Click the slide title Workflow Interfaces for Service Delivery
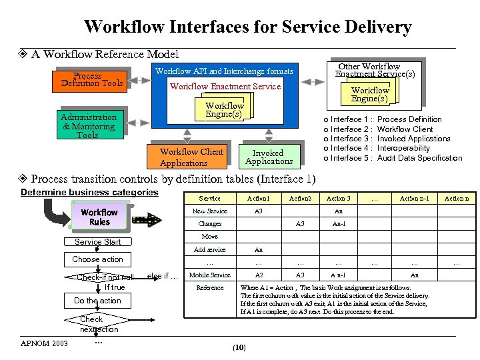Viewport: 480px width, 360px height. [x=247, y=27]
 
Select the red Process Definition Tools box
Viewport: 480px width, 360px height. [x=92, y=79]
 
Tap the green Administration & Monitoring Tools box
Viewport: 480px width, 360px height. [x=89, y=126]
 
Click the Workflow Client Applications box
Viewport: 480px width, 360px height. [x=191, y=157]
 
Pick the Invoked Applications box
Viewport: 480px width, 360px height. [x=269, y=157]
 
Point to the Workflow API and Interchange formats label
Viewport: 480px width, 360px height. [x=224, y=71]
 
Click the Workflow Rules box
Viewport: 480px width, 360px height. [x=99, y=217]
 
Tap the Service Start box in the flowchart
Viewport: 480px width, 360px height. [x=98, y=242]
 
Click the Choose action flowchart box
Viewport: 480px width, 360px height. [x=97, y=259]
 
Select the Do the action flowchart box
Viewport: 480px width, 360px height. [x=97, y=301]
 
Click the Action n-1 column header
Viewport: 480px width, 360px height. [x=414, y=198]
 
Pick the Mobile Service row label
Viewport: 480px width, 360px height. [x=209, y=275]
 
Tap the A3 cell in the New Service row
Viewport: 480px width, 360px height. [x=259, y=211]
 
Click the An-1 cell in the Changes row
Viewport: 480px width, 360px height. [x=339, y=224]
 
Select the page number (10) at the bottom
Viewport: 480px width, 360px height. [x=239, y=347]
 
